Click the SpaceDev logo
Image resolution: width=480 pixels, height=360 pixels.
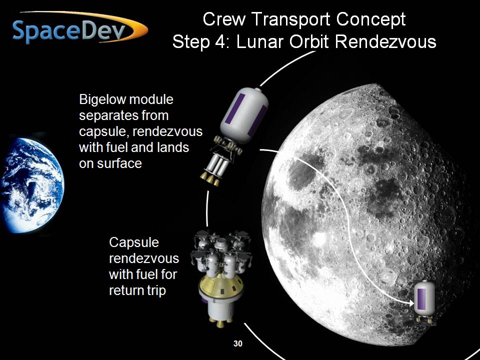[x=80, y=28]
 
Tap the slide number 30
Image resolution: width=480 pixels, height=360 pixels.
[x=238, y=344]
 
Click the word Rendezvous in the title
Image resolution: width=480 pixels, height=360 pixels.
[x=385, y=41]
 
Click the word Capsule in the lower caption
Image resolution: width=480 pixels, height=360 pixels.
[x=134, y=243]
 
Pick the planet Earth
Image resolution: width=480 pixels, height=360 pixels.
[x=32, y=185]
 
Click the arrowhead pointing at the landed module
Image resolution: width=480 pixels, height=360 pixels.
[x=411, y=303]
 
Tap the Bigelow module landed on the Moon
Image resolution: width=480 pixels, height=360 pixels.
[x=424, y=302]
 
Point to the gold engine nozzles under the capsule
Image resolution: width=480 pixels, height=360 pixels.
[x=219, y=322]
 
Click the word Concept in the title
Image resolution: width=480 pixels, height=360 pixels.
[x=370, y=19]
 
